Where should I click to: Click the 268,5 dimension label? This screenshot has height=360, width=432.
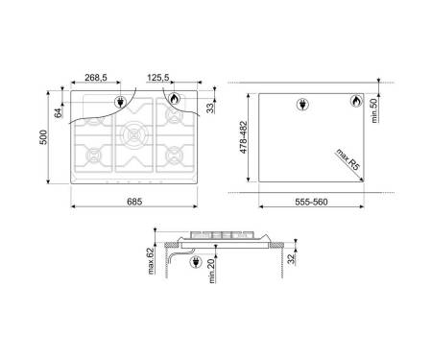(x=96, y=78)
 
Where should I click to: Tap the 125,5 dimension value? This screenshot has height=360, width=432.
(x=158, y=78)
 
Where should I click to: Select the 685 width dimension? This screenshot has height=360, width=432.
(x=134, y=202)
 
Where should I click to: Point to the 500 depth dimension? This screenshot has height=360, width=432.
(x=43, y=137)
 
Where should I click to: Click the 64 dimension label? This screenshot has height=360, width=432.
(x=59, y=113)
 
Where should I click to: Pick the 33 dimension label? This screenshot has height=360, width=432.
(x=210, y=108)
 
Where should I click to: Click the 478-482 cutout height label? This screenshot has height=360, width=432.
(x=244, y=137)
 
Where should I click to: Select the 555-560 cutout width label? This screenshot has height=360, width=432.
(x=311, y=202)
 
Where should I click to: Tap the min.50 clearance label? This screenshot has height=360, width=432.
(x=374, y=110)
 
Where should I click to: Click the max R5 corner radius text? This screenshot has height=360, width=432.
(x=348, y=159)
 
